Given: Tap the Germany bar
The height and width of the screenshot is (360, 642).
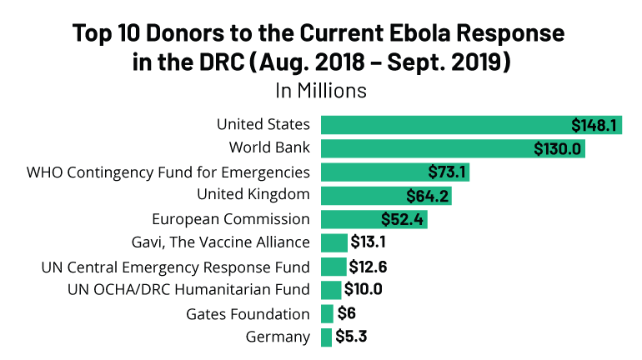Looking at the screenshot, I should click(326, 337).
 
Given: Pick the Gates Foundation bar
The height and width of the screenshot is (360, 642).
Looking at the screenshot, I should click(327, 314).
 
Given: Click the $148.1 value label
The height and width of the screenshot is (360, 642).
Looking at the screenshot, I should click(594, 125).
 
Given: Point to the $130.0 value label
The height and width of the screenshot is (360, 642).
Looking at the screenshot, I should click(558, 148).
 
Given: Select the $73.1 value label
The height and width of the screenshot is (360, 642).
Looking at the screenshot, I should click(447, 172).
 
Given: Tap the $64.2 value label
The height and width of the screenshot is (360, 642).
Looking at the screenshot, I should click(428, 196).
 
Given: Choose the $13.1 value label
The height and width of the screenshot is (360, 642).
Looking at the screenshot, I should click(369, 243).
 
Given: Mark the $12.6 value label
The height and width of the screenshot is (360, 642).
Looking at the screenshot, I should click(369, 267).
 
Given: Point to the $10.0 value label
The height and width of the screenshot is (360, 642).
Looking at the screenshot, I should click(364, 290).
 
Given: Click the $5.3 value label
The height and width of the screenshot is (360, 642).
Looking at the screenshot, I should click(353, 337).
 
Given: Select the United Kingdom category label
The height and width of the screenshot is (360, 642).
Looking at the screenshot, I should click(253, 195).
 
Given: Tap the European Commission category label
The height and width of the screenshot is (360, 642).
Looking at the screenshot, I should click(231, 219).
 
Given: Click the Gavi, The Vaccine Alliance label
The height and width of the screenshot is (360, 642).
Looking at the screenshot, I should click(221, 242).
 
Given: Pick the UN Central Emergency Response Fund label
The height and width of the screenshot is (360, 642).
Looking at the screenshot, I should click(176, 267).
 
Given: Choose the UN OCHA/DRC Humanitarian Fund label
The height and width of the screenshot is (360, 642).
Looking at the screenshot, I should click(188, 290).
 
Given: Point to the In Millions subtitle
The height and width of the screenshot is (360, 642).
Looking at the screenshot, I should click(321, 88).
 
